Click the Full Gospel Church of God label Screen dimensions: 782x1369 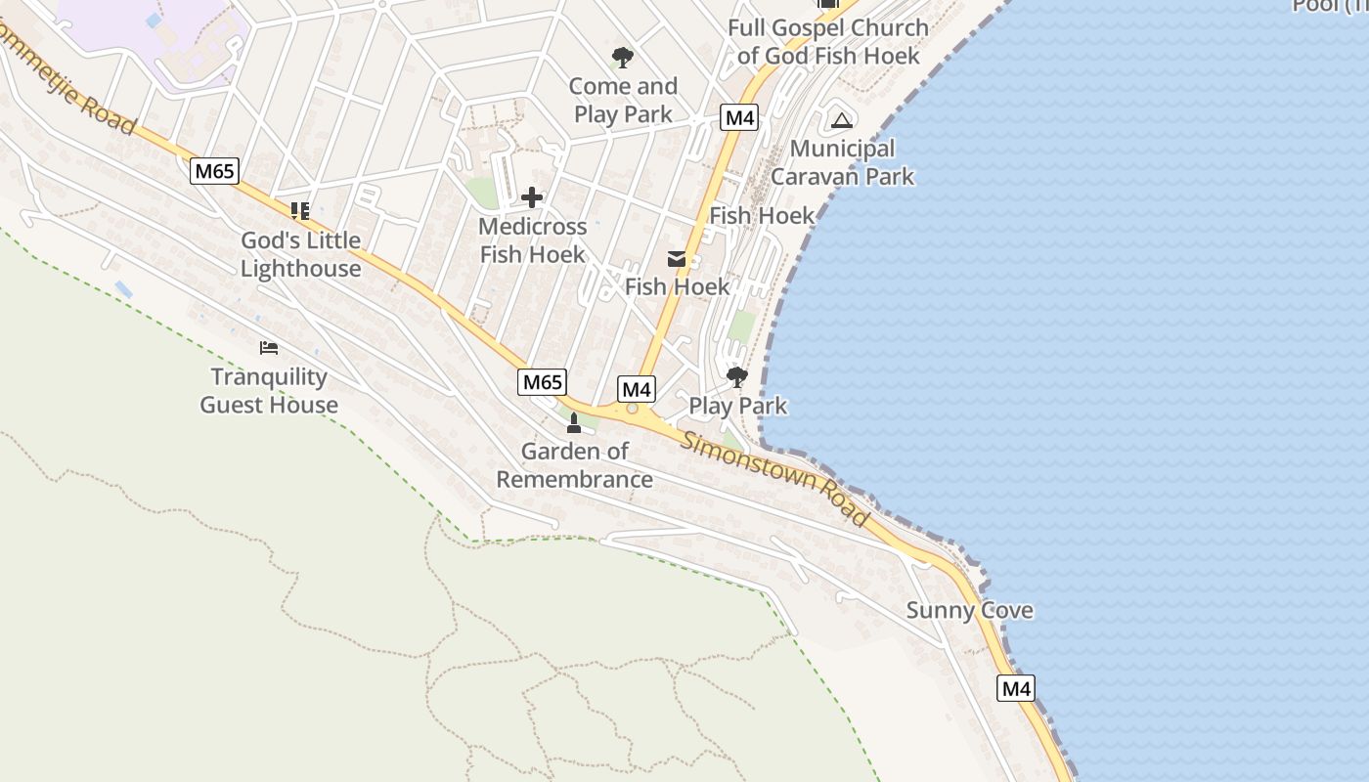(828, 41)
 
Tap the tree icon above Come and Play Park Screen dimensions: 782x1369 (622, 58)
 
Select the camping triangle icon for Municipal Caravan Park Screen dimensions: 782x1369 (841, 120)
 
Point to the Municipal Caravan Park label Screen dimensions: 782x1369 (842, 162)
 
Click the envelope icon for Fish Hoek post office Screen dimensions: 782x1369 (677, 259)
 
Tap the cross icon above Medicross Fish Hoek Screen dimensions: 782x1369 (532, 198)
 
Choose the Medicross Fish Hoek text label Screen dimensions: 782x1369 (532, 240)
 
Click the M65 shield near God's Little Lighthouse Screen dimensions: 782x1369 (214, 172)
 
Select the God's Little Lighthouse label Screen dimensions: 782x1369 (300, 254)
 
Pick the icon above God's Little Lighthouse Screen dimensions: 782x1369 (300, 210)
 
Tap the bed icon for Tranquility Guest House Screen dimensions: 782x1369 (269, 348)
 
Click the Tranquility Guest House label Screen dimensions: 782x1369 (269, 391)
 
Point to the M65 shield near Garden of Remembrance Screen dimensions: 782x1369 (542, 382)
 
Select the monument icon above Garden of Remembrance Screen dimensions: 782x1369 (574, 422)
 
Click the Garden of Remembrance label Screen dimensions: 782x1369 (574, 465)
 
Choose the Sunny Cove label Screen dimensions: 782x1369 (969, 611)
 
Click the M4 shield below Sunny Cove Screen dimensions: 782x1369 (1016, 688)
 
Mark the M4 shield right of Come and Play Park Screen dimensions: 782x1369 (739, 118)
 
